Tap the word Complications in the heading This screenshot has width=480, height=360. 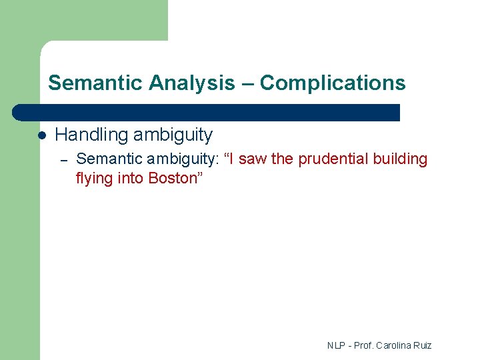(x=332, y=83)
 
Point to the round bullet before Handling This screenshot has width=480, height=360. (x=41, y=135)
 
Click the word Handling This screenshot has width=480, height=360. (x=91, y=135)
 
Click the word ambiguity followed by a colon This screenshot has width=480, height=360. (x=182, y=159)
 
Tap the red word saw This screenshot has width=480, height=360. (x=252, y=159)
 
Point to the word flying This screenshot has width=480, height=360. (x=94, y=178)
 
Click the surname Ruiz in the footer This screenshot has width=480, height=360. (x=423, y=345)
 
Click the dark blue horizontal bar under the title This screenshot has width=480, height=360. (x=207, y=113)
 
